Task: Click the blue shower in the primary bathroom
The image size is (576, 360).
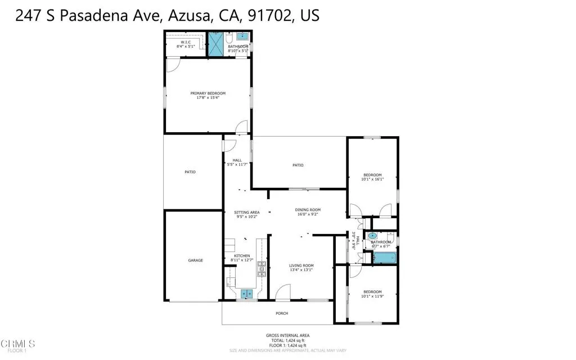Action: pyautogui.click(x=216, y=44)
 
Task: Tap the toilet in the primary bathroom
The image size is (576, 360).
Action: pyautogui.click(x=228, y=39)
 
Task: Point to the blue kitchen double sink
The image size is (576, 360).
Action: pyautogui.click(x=246, y=293)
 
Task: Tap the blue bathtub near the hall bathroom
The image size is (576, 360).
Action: pyautogui.click(x=385, y=258)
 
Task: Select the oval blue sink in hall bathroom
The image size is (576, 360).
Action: pyautogui.click(x=372, y=236)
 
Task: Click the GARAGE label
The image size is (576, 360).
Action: pyautogui.click(x=195, y=260)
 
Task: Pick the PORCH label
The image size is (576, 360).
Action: pyautogui.click(x=281, y=313)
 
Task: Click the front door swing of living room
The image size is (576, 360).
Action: pyautogui.click(x=283, y=292)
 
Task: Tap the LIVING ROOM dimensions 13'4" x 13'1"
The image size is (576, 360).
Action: pyautogui.click(x=301, y=270)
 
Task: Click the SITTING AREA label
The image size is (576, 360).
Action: pyautogui.click(x=246, y=212)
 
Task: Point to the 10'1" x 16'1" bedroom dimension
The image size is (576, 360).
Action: pyautogui.click(x=371, y=179)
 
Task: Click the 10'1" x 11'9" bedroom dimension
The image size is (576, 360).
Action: pyautogui.click(x=371, y=296)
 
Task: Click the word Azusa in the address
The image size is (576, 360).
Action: pyautogui.click(x=188, y=16)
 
